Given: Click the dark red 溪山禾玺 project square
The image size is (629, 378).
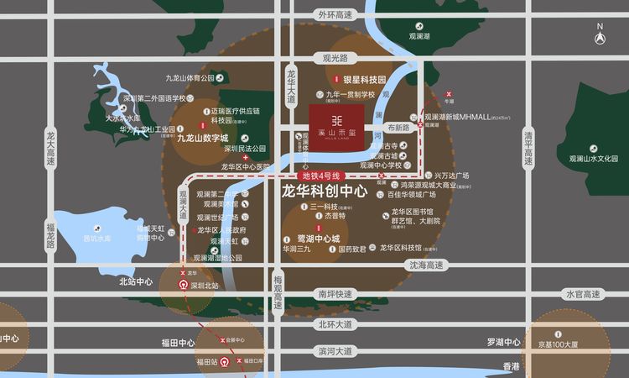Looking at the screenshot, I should point(340,129).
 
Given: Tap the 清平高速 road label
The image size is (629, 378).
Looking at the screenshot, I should point(528,149).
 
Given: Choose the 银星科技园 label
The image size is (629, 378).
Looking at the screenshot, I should point(360,79).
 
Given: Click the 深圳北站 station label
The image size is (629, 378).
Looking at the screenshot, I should point(204,286).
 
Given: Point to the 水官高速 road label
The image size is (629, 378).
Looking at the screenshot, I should point(584,294).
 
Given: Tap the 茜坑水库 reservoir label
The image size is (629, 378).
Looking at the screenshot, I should point(96,239).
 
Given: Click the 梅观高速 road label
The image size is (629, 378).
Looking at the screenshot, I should point(278,290).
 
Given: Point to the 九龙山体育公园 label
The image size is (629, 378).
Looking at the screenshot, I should point(190,78).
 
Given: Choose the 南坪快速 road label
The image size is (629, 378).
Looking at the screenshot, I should point(335,294).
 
